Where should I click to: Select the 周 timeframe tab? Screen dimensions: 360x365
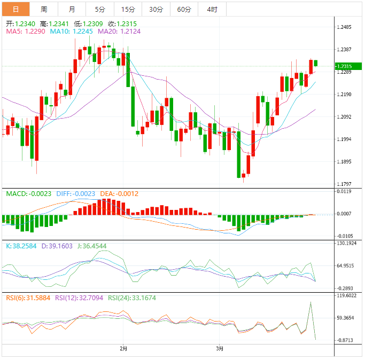click(x=44, y=10)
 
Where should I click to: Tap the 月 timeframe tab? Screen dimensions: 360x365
click(x=72, y=10)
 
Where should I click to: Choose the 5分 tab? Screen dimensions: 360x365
click(x=100, y=10)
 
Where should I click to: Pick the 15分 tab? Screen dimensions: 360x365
click(x=128, y=10)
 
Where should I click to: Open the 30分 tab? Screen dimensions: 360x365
click(x=156, y=10)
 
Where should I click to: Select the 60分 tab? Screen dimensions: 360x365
click(x=184, y=10)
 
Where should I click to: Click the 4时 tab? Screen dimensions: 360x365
click(x=212, y=10)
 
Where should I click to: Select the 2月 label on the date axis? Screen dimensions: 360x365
click(x=124, y=349)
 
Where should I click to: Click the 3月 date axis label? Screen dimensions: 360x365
click(x=220, y=349)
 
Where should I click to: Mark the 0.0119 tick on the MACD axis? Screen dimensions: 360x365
click(x=344, y=191)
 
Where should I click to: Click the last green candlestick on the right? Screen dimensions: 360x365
click(x=316, y=63)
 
